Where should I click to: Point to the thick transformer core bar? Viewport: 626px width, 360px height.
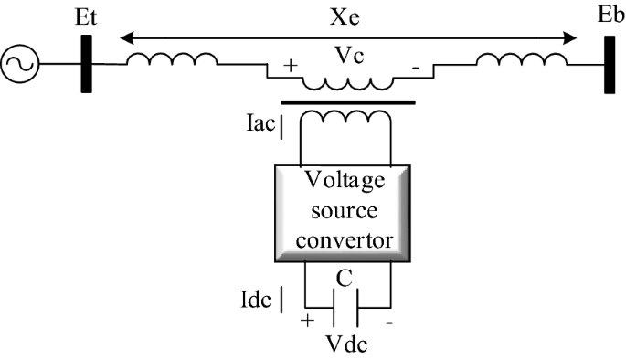[x=347, y=102]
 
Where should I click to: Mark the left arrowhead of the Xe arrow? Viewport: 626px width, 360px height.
[x=127, y=38]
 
